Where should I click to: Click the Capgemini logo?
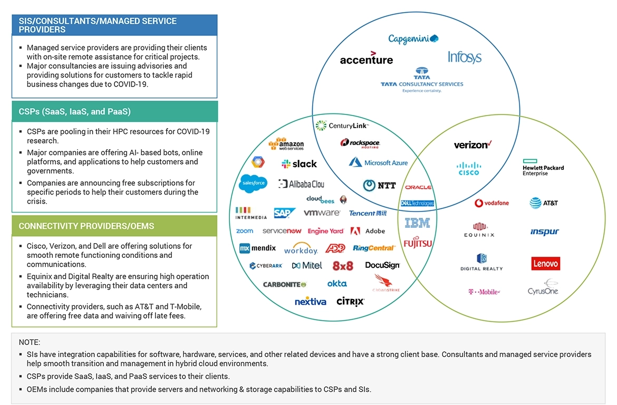click(x=413, y=38)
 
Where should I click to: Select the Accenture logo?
click(x=367, y=59)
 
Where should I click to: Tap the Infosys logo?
click(x=465, y=57)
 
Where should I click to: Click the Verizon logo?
click(x=473, y=144)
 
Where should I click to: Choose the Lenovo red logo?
click(x=545, y=263)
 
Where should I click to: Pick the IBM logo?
click(x=417, y=223)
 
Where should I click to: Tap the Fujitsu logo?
click(x=418, y=243)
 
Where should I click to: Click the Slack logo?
click(x=299, y=164)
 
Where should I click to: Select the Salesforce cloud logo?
click(x=253, y=183)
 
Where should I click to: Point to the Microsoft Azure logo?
click(x=378, y=162)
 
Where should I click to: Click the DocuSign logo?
click(x=382, y=265)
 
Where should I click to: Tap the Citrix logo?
click(x=350, y=302)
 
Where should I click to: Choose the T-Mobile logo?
click(x=484, y=292)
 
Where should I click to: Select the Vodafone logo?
click(x=491, y=203)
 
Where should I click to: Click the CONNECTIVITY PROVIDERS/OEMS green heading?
click(x=86, y=226)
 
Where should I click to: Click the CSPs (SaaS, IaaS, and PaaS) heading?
click(x=74, y=112)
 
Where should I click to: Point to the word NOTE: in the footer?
click(x=30, y=342)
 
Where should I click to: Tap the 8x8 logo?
click(x=343, y=266)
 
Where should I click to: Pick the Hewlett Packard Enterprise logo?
click(x=543, y=167)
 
